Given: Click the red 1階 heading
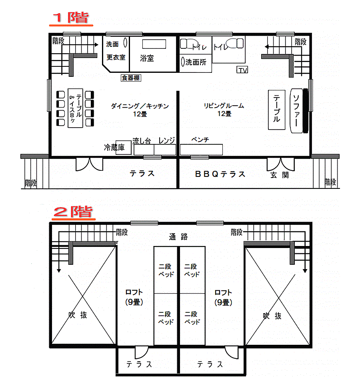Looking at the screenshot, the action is point(71,18).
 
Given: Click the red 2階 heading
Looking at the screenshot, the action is point(73,212).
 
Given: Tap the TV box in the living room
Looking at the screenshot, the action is point(242,70).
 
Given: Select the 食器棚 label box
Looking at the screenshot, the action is point(131,78).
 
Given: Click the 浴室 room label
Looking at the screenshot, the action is point(147,58).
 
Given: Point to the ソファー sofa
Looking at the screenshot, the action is point(296,111).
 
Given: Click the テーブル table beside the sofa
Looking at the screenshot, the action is point(276,110).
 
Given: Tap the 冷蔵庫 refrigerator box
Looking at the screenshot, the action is point(124,148).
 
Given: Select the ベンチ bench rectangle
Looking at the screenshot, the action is point(201,150).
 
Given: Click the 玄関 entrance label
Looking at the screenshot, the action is point(280,175).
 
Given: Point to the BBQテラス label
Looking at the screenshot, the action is point(220,174).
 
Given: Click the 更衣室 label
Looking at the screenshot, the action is point(116,57).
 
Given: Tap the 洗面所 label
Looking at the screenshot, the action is point(196,62).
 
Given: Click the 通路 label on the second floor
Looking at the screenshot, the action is point(178,236).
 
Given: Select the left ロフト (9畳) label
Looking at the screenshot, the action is point(134,297).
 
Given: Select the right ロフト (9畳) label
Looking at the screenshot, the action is point(223,298).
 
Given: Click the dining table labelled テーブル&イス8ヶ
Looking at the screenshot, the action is point(75,108).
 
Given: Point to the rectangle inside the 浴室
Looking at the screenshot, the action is point(154,44).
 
